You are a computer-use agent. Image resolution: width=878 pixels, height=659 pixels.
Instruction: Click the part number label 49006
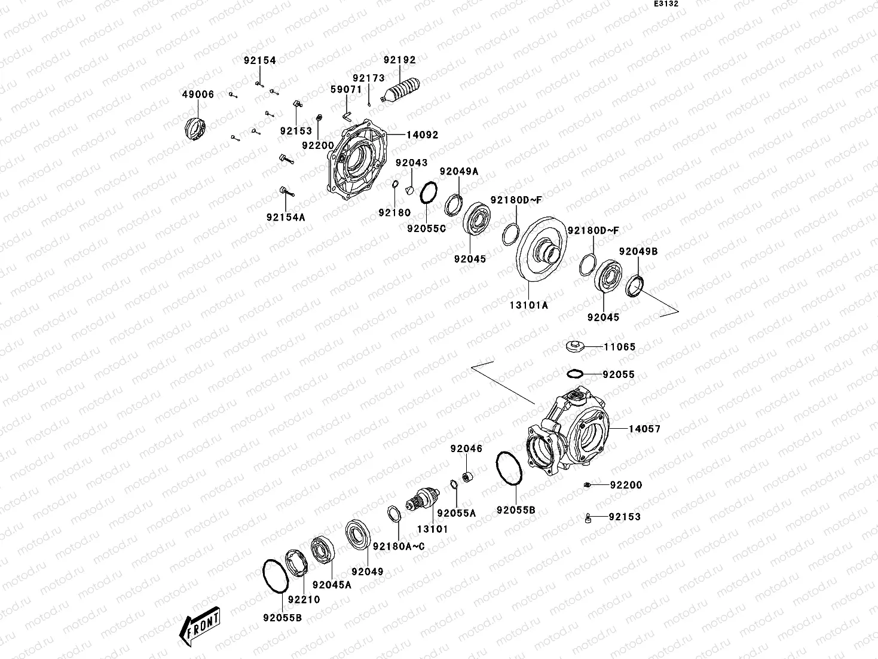click(198, 94)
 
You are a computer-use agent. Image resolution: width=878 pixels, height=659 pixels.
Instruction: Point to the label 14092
click(423, 135)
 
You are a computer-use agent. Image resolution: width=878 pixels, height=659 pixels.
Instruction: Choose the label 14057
click(644, 429)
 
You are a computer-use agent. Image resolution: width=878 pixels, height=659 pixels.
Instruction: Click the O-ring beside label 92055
click(574, 374)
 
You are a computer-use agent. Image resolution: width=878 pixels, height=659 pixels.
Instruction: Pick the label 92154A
click(286, 217)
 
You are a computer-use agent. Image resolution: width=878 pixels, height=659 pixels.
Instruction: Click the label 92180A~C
click(399, 546)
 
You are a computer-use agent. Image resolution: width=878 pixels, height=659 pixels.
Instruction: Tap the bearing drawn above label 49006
click(195, 128)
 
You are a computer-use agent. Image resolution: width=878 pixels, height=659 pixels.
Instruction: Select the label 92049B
click(638, 252)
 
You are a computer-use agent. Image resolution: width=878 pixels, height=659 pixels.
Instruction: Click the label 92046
click(466, 449)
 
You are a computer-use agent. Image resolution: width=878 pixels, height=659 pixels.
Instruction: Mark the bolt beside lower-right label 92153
click(588, 518)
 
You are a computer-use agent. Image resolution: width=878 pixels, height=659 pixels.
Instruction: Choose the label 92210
click(304, 599)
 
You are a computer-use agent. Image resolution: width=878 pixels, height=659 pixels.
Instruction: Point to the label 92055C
click(427, 228)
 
